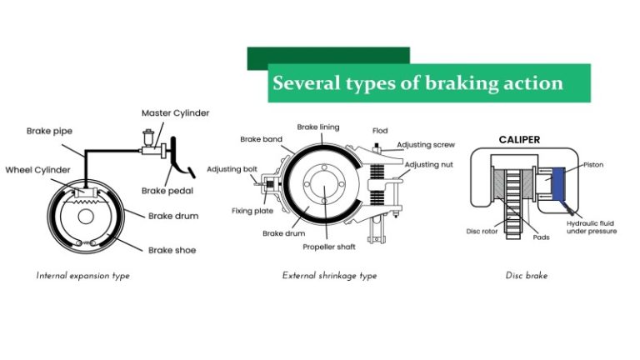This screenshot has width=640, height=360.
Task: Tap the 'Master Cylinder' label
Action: [x=175, y=112]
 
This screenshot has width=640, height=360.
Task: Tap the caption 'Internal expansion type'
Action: [x=82, y=275]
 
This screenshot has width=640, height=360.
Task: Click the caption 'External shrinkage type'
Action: [x=329, y=275]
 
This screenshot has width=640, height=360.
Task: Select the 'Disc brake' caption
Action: [x=527, y=275]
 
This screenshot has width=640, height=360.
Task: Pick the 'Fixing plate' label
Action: [x=252, y=211]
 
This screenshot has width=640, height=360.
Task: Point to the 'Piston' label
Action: [x=593, y=165]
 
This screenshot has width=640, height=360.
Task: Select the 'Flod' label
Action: [x=380, y=131]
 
